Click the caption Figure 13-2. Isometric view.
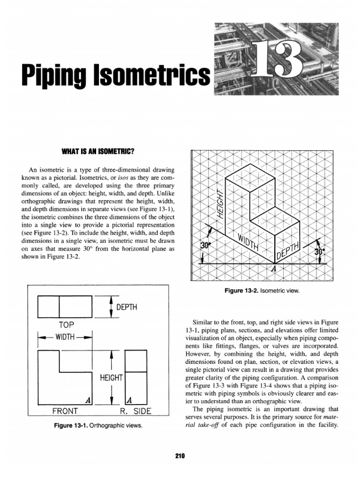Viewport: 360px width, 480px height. (262, 291)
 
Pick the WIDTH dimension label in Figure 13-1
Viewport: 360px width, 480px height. (65, 337)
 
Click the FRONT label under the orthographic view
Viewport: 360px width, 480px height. (64, 411)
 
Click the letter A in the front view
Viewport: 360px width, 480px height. (87, 400)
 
